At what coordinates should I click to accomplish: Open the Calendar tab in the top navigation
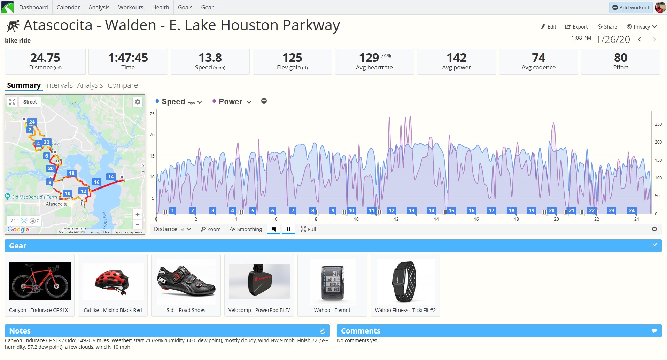tap(68, 7)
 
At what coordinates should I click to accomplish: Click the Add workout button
tap(631, 7)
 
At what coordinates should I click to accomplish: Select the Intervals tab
tap(59, 85)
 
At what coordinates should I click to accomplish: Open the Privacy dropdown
tap(642, 27)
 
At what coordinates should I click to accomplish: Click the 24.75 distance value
tap(45, 58)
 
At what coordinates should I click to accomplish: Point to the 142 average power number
tap(456, 58)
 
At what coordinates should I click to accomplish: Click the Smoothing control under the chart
tap(246, 229)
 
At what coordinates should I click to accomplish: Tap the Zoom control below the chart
tap(211, 229)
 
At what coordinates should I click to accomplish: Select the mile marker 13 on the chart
tap(411, 210)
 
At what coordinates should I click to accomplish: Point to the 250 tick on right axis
tap(658, 124)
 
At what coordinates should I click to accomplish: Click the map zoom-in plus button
tap(138, 215)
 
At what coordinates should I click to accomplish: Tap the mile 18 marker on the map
tap(71, 173)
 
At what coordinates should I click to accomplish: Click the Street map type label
tap(30, 102)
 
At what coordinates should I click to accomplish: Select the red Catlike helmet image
tap(113, 281)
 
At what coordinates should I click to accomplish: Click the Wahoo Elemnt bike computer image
tap(333, 281)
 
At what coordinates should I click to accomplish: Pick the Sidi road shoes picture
tap(186, 281)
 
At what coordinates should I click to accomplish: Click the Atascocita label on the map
tap(57, 204)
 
